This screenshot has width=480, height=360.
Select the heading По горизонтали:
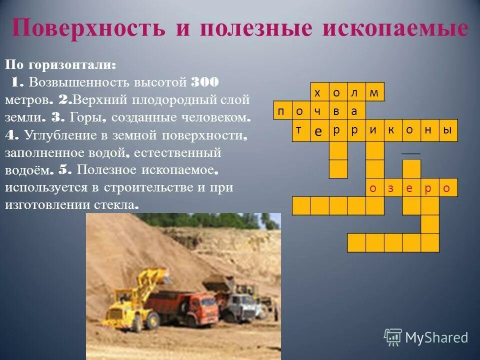pos(61,65)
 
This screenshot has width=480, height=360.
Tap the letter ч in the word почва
pos(318,111)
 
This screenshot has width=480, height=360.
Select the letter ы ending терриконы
pos(448,129)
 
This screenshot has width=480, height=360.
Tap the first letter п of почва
pos(281,111)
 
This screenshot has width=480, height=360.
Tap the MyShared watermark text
pos(436,337)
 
